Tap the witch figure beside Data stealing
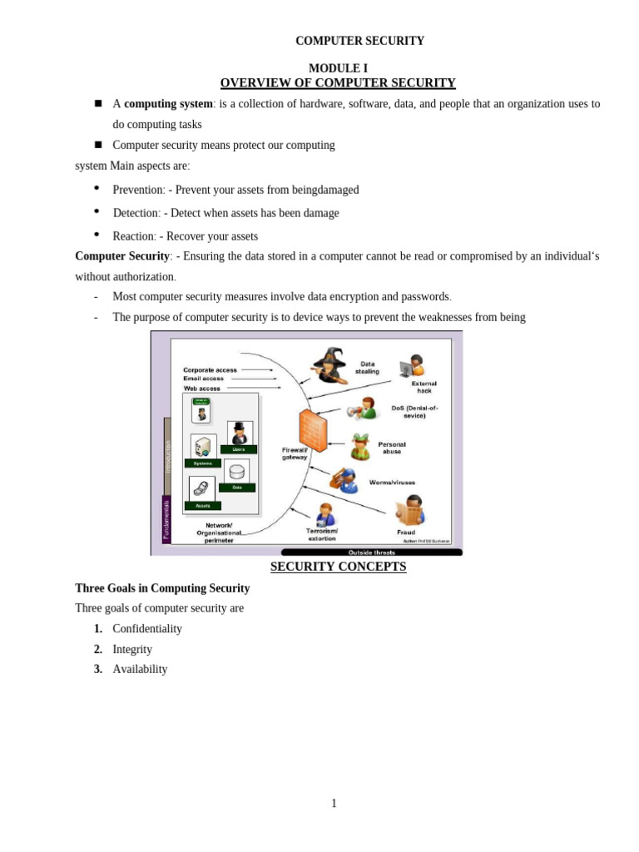click(x=330, y=365)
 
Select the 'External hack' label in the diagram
click(x=424, y=387)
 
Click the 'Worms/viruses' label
click(x=392, y=483)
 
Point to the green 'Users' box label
click(x=239, y=449)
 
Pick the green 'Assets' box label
click(x=203, y=506)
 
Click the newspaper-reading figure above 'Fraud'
click(x=410, y=510)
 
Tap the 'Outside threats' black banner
click(x=371, y=552)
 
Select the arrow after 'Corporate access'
click(x=257, y=369)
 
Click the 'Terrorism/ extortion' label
click(x=322, y=534)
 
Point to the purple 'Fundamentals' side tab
click(x=166, y=519)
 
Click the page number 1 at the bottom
click(x=334, y=803)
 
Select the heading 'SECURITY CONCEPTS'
click(x=338, y=567)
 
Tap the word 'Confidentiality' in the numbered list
click(x=147, y=629)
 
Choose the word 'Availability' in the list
click(x=140, y=669)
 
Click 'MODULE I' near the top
click(x=338, y=68)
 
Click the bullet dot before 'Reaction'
click(x=97, y=235)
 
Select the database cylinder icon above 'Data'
click(x=237, y=472)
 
